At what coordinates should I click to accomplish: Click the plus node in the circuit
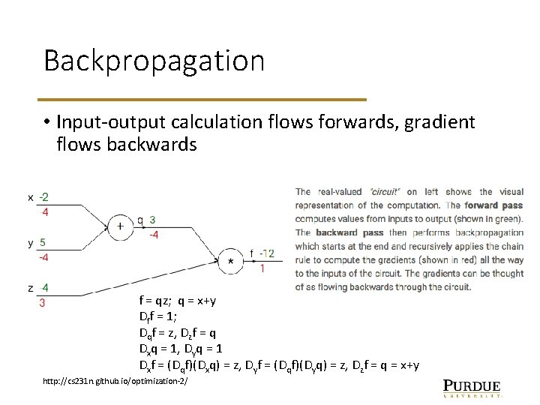point(120,226)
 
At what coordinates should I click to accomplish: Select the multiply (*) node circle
point(231,261)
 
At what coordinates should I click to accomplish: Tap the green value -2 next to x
point(44,197)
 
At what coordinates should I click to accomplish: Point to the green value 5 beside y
point(43,242)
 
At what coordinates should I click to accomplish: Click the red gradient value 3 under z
point(42,303)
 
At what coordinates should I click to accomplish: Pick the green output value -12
point(267,253)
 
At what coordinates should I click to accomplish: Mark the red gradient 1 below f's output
point(262,268)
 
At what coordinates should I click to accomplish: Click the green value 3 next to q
point(152,220)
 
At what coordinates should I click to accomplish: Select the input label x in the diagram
point(30,197)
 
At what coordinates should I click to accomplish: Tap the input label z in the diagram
point(30,288)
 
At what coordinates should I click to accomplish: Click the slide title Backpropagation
point(154,61)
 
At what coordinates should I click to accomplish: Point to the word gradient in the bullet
point(439,121)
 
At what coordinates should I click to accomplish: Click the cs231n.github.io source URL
point(115,382)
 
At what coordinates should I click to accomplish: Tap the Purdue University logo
point(472,386)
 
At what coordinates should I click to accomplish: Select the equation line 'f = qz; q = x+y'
point(178,301)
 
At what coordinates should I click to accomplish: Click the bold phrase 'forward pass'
point(493,205)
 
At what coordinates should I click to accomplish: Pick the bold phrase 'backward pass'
point(349,232)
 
